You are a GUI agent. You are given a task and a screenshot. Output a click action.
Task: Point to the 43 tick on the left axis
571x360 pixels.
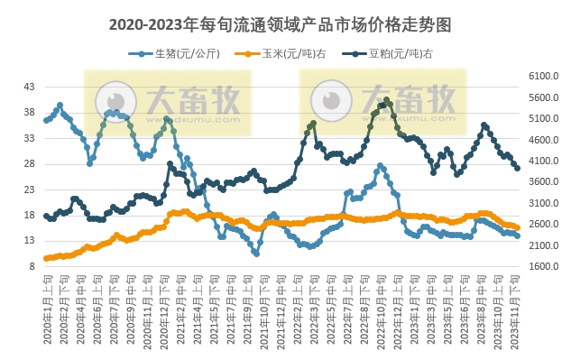coord(29,87)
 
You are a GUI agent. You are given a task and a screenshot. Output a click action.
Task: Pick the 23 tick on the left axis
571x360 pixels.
coord(29,189)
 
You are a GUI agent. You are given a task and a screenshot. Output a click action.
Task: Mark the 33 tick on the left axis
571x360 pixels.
coord(29,138)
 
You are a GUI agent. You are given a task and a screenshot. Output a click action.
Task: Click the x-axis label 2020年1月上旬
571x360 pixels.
coord(47,307)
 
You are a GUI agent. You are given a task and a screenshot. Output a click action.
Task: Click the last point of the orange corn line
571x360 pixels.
coord(517,228)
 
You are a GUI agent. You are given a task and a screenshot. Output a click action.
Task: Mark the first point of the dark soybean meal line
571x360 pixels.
coord(46,216)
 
